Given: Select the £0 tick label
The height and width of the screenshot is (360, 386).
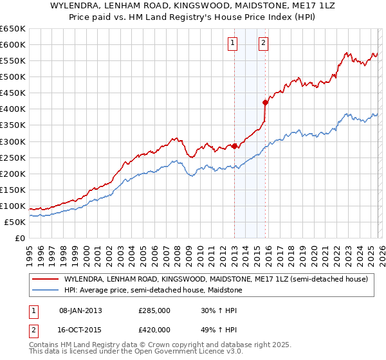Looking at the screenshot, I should (x=19, y=238).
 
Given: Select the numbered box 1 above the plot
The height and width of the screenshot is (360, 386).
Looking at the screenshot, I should (x=232, y=44).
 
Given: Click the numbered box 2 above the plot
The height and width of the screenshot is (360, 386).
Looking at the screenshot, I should (x=264, y=44).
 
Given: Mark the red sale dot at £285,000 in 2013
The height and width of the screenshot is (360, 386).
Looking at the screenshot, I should (x=234, y=146).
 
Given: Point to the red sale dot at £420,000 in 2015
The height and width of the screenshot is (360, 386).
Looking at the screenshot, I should (x=265, y=102).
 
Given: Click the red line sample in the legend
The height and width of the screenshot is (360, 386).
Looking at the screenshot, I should (x=45, y=280).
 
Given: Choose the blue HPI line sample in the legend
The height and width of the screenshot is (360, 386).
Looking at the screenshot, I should (x=45, y=291).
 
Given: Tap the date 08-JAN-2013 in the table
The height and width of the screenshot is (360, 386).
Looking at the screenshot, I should (x=80, y=310).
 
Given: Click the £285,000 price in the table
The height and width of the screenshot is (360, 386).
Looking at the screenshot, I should (x=154, y=310).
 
